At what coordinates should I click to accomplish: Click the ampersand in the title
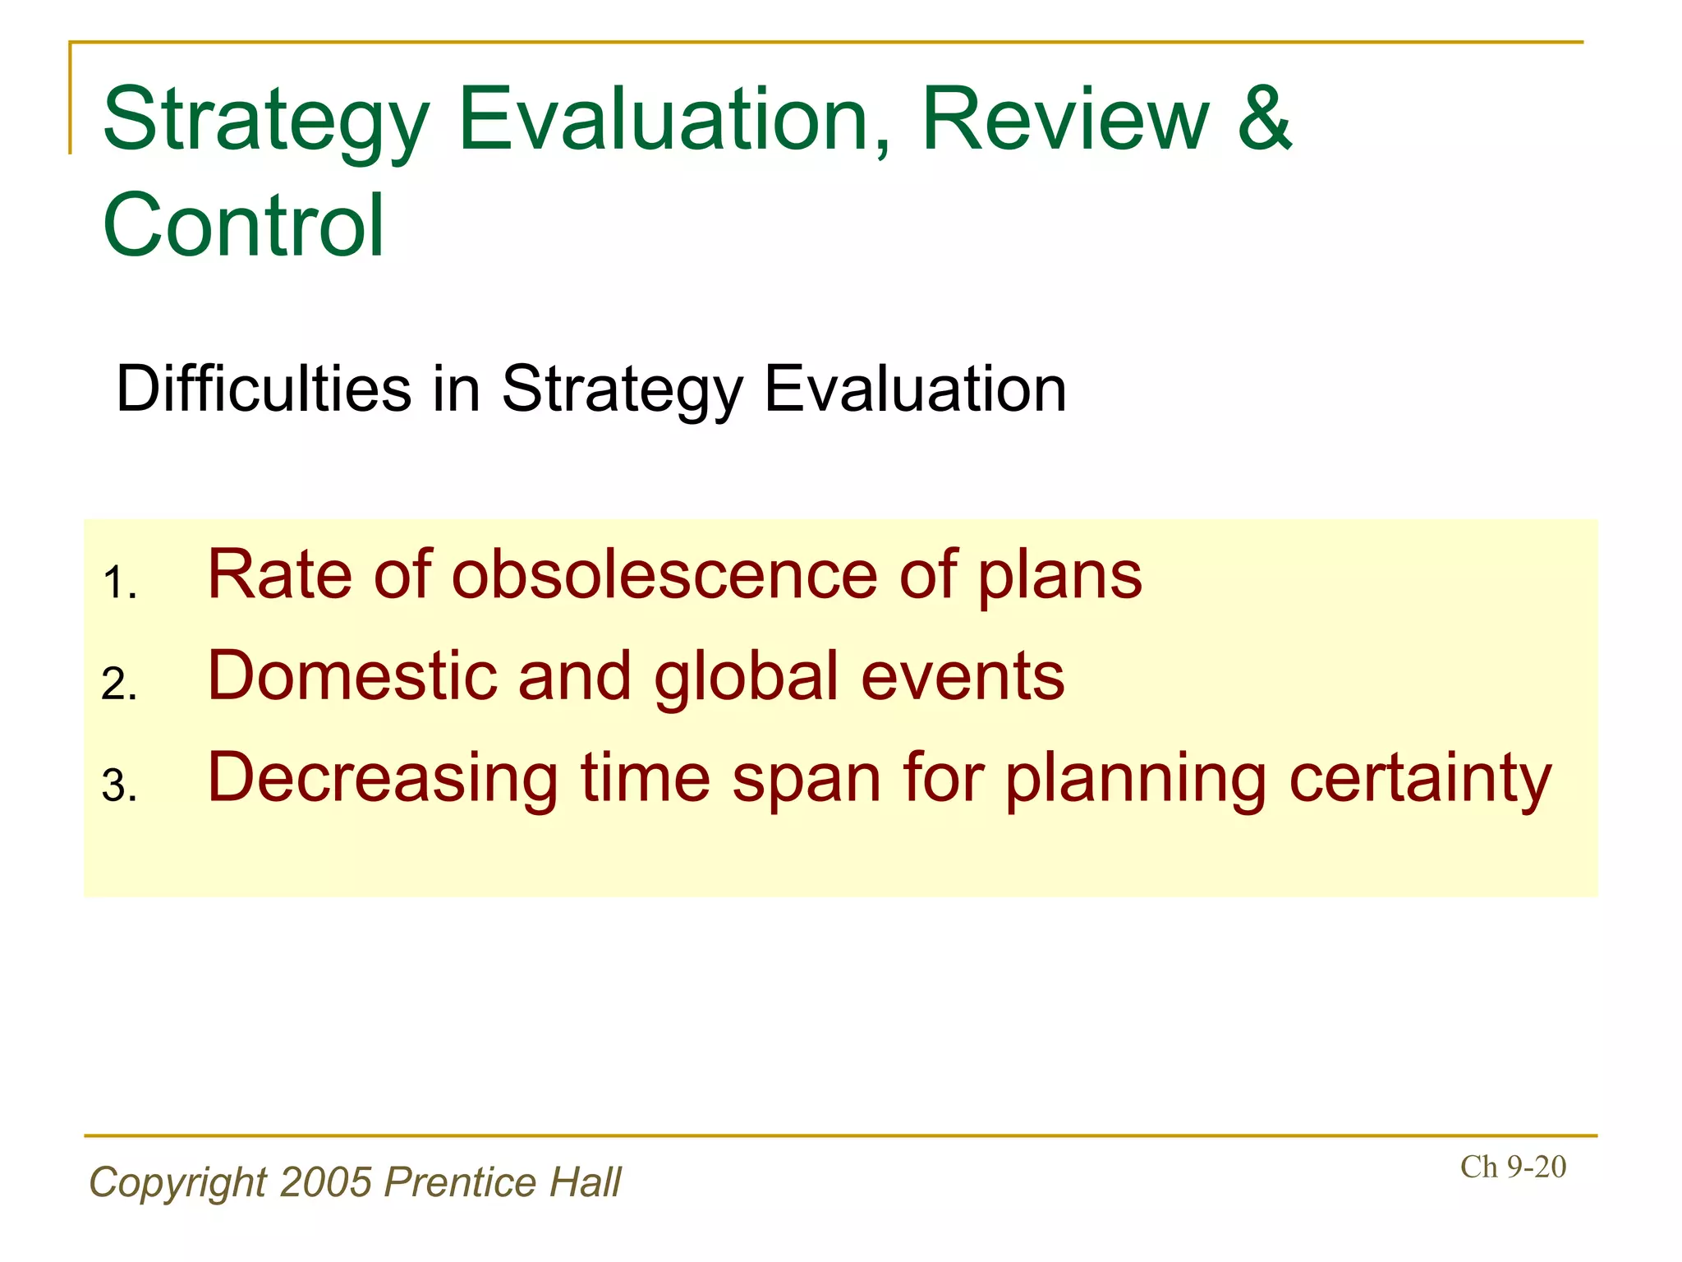(1265, 120)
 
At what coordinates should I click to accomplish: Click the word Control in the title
(243, 225)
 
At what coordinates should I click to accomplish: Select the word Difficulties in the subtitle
(264, 389)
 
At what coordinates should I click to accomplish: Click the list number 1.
(118, 584)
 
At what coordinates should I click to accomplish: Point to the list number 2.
(118, 684)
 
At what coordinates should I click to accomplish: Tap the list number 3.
(118, 786)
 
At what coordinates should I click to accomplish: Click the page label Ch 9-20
(1513, 1167)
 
